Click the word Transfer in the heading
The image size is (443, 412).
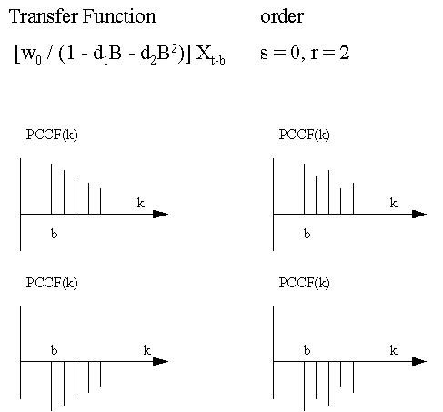coord(44,15)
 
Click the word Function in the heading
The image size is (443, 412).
coord(119,15)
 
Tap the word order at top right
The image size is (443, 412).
coord(282,16)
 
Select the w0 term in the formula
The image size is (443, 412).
coord(31,55)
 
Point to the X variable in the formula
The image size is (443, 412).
coord(204,53)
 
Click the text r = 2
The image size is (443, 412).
coord(330,53)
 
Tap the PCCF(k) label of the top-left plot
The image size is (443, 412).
coord(52,135)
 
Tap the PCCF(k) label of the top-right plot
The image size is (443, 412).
coord(304,135)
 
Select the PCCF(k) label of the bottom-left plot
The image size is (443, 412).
coord(52,283)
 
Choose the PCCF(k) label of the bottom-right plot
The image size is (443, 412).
coord(304,283)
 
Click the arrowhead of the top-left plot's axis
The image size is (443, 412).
coord(160,214)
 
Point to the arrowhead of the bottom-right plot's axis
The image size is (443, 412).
coord(419,361)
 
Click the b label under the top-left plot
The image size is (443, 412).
coord(55,234)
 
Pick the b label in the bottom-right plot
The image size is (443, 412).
coord(307,350)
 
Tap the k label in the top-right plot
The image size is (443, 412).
coord(393,203)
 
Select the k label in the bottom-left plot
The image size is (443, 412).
coord(147,350)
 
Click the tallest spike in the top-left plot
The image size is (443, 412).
coord(51,189)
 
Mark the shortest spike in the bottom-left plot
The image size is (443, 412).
coord(100,374)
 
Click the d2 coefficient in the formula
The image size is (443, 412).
coord(147,55)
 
